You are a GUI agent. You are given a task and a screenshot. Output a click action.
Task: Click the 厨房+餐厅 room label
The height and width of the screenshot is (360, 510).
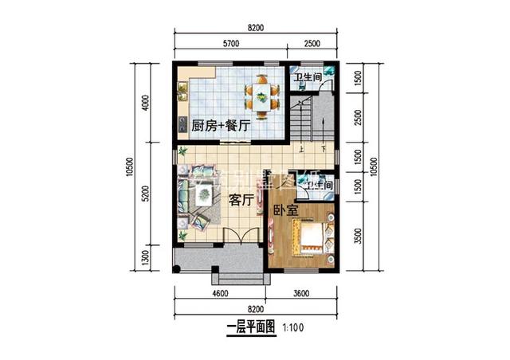tap(222, 125)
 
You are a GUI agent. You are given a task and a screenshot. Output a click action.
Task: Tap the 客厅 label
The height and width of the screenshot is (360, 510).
tap(241, 201)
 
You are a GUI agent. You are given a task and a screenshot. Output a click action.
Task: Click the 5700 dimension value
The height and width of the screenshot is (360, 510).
tap(233, 42)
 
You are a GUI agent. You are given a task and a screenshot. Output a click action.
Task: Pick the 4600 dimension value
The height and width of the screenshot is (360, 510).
tap(220, 294)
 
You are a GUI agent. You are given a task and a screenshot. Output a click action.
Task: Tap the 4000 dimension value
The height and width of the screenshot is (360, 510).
tap(146, 105)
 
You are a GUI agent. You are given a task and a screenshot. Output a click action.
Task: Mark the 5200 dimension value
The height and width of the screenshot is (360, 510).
tap(146, 196)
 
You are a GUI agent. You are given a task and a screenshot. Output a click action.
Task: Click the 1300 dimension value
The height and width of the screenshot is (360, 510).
tap(146, 258)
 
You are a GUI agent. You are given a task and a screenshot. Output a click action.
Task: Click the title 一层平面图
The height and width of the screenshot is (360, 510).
tap(250, 327)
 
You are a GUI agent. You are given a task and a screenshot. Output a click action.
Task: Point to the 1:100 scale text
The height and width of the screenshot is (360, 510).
tap(291, 327)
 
